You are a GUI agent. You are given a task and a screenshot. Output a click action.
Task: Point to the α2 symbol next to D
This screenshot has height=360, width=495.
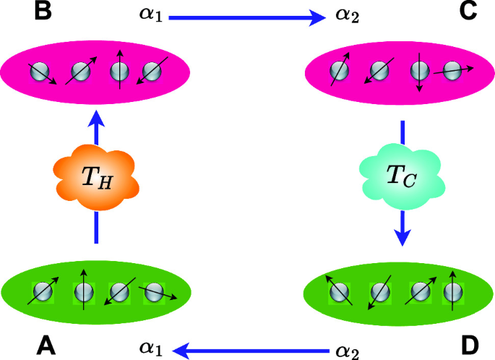348,352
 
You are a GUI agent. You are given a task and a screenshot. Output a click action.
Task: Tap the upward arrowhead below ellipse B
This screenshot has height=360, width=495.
95,118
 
